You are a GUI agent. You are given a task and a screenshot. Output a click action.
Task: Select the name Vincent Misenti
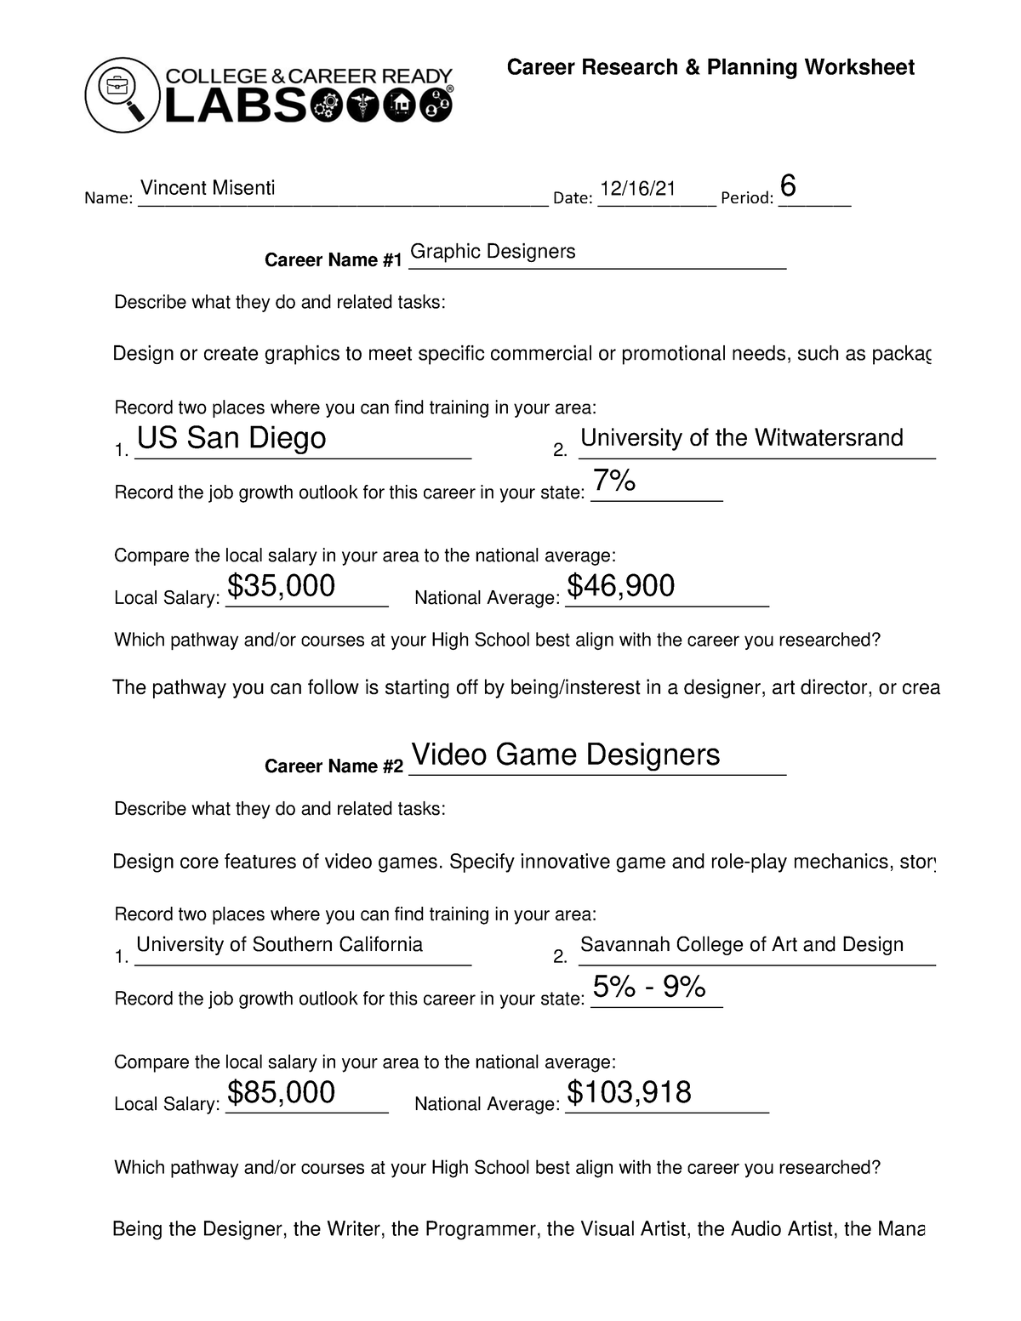208,188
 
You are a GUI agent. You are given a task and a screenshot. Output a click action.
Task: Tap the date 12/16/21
637,188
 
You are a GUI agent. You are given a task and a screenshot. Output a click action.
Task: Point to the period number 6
788,186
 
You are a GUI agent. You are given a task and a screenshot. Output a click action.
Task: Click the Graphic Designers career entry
493,252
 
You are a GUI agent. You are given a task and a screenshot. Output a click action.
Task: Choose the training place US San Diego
231,438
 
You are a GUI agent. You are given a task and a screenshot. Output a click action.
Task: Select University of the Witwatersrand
741,438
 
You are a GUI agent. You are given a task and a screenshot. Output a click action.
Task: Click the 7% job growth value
614,481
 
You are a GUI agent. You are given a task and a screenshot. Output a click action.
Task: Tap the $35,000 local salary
282,586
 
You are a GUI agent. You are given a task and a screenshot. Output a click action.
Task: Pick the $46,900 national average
621,586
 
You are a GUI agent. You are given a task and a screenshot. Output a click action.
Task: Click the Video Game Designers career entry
565,754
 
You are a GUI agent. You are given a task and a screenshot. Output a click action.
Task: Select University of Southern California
279,944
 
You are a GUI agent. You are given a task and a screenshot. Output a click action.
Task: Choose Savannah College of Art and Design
741,944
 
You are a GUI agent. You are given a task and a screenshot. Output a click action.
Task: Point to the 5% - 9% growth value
649,987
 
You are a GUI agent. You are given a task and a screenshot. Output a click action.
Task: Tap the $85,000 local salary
282,1092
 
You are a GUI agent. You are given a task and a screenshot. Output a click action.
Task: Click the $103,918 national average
629,1092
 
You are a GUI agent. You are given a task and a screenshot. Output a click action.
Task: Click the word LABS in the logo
235,107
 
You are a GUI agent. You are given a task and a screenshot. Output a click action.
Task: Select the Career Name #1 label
333,260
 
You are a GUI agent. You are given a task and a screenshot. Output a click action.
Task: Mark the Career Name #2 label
333,766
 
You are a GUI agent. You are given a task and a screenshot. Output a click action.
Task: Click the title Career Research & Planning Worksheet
710,68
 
